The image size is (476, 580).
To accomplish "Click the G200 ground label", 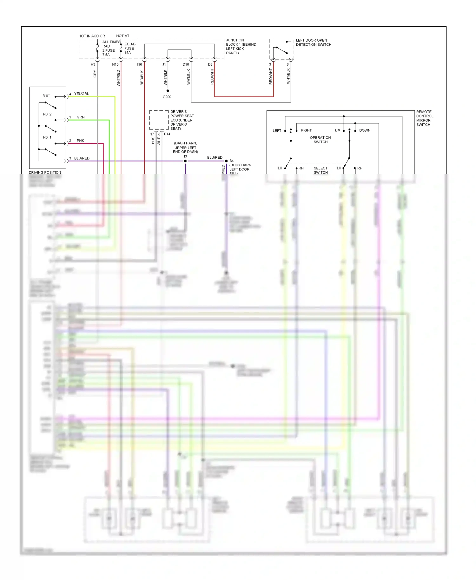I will tap(167, 97).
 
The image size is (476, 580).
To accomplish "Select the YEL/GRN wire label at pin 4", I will tap(82, 94).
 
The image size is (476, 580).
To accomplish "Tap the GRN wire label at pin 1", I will tap(81, 117).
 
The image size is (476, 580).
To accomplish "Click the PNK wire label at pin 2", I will tap(80, 141).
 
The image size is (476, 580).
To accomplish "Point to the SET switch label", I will tap(47, 95).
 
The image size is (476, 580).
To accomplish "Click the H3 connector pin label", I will tap(93, 64).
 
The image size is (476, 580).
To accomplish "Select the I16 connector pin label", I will tap(139, 64).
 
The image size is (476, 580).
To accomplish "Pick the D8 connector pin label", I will tap(210, 64).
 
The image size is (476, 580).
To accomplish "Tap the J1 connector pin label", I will tap(164, 64).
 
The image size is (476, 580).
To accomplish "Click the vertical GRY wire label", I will tap(95, 74).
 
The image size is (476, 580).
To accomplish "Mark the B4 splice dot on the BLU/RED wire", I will tap(226, 161).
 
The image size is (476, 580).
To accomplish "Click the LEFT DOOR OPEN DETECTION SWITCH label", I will tap(313, 43).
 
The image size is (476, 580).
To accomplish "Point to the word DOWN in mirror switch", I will tap(365, 130).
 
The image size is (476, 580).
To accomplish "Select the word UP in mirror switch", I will tap(337, 130).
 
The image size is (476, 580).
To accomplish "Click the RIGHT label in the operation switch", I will tap(306, 130).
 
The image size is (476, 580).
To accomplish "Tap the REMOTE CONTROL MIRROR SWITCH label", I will tap(424, 118).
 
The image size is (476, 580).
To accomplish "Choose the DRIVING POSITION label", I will tap(45, 172).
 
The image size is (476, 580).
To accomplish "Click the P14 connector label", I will tap(167, 134).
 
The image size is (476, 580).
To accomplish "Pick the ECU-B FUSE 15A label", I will tap(129, 48).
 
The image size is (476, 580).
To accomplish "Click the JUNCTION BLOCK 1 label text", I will tap(241, 46).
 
